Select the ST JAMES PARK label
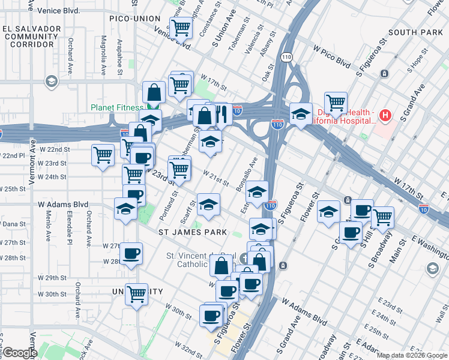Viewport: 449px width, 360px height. tap(192, 232)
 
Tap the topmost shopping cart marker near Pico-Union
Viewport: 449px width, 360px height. tap(181, 27)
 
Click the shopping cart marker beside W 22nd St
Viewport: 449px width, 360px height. tap(103, 155)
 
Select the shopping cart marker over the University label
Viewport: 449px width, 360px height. tap(137, 294)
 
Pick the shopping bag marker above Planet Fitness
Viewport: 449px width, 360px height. tap(154, 92)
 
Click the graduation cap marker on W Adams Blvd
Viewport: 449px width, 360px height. tap(125, 209)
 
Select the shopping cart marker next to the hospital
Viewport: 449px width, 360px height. tap(336, 103)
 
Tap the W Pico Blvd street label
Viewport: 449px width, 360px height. tap(331, 62)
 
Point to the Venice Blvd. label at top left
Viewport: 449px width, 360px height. tap(58, 11)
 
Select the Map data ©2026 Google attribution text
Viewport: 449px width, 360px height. tap(411, 355)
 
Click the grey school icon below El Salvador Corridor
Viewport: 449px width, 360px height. tap(51, 80)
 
